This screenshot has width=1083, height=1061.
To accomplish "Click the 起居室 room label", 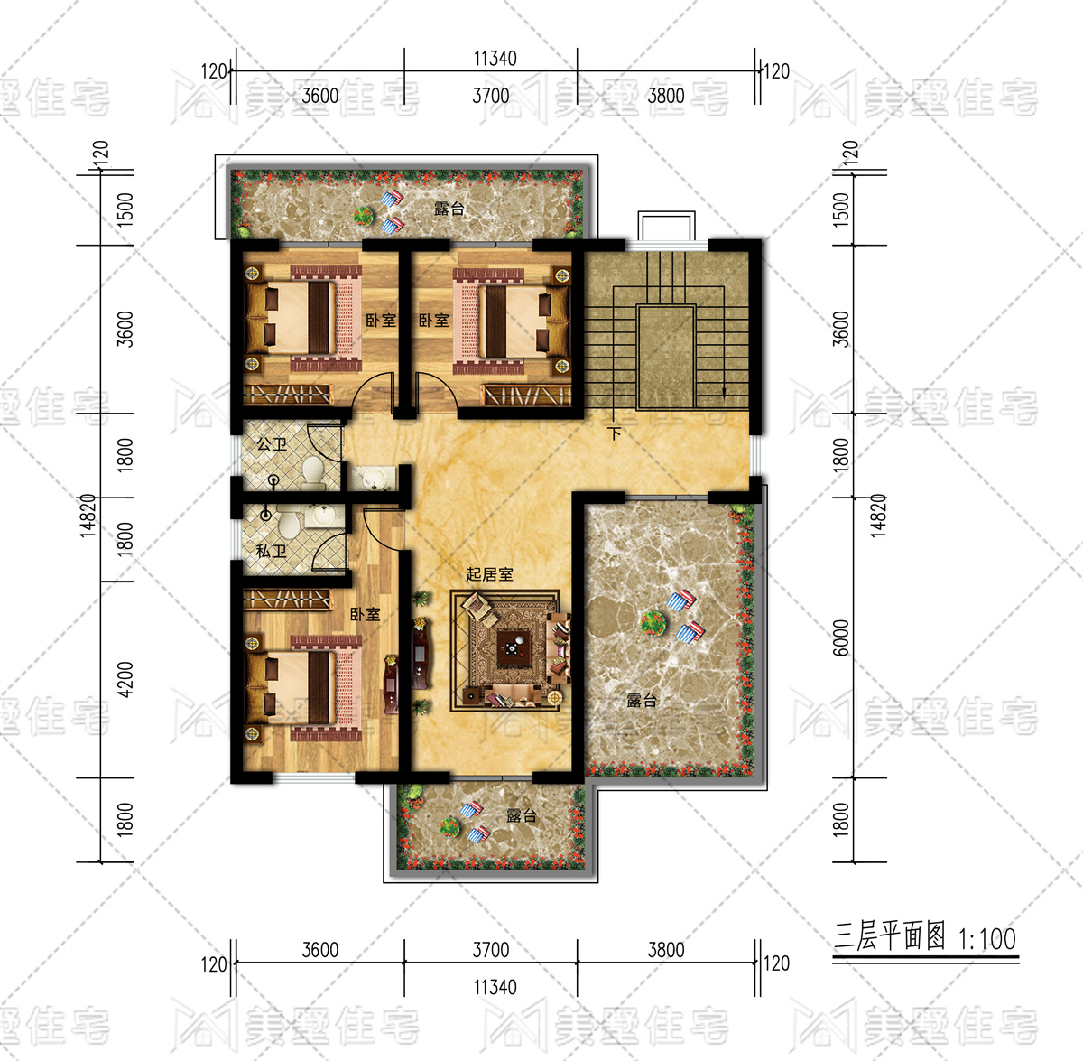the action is click(489, 574).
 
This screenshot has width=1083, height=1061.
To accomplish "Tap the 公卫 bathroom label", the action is click(272, 444).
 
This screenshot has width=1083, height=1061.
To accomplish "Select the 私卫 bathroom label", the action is click(271, 551).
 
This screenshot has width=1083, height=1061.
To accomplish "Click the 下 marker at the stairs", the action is click(616, 433).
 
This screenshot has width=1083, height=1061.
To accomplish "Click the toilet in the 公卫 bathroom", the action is click(312, 472).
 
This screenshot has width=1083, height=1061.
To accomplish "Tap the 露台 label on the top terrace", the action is click(449, 209).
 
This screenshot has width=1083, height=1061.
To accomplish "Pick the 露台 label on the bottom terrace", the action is click(522, 815).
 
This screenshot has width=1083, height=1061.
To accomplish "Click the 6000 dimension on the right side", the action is click(840, 638).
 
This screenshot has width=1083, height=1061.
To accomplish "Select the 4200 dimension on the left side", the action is click(125, 680).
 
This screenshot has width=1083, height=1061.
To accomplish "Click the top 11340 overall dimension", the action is click(495, 59).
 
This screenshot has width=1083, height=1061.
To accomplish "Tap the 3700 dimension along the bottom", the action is click(491, 950).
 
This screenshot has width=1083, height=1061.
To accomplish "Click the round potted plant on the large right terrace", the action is click(653, 624).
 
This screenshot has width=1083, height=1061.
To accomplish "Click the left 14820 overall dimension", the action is click(88, 516).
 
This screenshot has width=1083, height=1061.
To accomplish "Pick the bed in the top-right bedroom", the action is click(512, 321).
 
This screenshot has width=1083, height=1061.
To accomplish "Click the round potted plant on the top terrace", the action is click(364, 216).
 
